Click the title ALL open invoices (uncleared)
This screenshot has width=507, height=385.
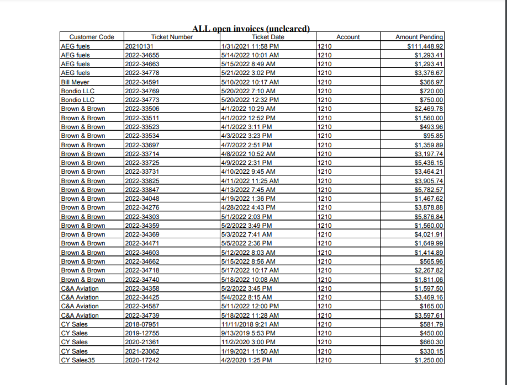[251, 28]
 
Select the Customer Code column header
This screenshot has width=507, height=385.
[92, 37]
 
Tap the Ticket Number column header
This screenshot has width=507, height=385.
[172, 37]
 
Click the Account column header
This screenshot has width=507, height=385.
[348, 37]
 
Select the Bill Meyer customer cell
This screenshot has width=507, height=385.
[75, 82]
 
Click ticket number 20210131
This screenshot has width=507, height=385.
[142, 46]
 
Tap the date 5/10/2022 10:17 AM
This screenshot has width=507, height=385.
[250, 82]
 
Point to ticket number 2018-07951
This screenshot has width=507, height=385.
[142, 324]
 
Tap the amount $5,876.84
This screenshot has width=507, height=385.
[429, 217]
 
